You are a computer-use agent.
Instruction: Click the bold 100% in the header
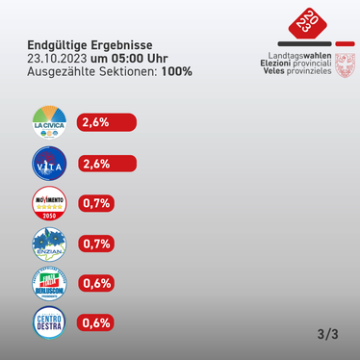point(176,70)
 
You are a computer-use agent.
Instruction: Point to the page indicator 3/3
point(326,334)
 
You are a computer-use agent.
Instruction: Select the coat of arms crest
point(342,65)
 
